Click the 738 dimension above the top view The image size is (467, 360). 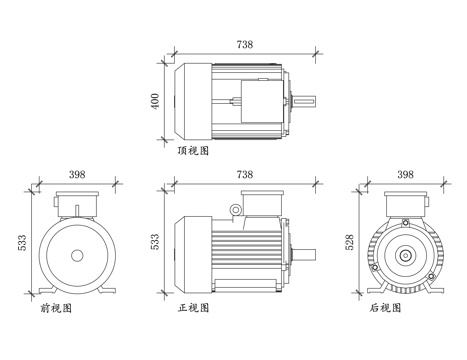245,44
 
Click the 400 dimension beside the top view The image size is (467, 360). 155,100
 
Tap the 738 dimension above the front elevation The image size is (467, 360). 245,174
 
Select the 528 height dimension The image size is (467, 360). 349,242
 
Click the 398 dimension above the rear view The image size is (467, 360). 405,174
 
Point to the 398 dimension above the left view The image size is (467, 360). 77,174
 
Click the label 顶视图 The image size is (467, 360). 193,151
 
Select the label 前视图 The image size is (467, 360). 56,308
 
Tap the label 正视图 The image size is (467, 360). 193,307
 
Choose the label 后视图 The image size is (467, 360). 385,307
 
